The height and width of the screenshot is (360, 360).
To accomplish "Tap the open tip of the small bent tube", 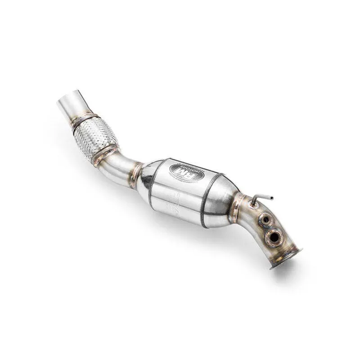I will [x=271, y=198].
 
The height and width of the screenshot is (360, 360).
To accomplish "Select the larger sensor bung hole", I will [x=273, y=236].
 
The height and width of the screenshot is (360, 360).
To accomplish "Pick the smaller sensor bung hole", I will [x=265, y=220].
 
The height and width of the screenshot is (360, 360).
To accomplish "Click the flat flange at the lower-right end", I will [x=286, y=257].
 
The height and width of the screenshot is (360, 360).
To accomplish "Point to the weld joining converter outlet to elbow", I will [x=234, y=207].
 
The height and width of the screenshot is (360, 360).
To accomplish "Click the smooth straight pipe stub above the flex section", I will [x=72, y=106].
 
